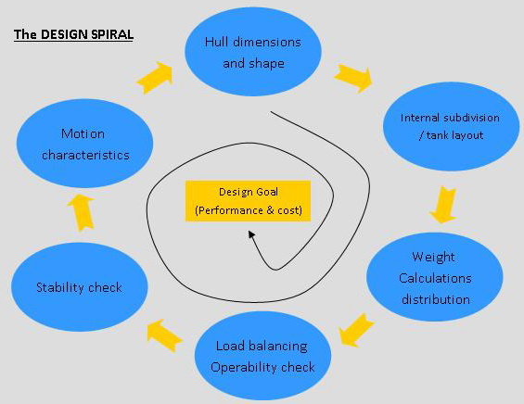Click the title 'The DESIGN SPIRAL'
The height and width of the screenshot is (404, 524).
tap(73, 34)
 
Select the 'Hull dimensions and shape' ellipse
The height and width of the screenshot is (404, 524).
tap(253, 52)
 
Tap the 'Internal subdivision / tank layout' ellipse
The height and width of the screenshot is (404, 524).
tap(451, 127)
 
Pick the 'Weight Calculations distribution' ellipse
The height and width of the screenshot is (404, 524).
tap(434, 277)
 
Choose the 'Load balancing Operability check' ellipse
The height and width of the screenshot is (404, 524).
tap(262, 356)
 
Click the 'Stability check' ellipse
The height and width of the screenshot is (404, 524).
tap(79, 287)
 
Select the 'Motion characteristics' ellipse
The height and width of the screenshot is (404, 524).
tap(85, 144)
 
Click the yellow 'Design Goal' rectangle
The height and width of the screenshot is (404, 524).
tap(248, 201)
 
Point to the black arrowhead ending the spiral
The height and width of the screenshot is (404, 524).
tap(251, 234)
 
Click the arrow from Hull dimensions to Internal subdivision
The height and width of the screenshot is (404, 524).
tap(353, 78)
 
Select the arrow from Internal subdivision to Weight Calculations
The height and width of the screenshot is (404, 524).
tap(443, 205)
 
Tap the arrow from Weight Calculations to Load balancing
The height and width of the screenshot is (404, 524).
tap(356, 330)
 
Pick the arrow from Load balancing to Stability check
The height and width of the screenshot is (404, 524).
tap(164, 335)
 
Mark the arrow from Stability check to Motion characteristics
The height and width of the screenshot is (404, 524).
tap(81, 213)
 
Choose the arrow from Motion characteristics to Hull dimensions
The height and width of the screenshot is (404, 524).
tap(155, 78)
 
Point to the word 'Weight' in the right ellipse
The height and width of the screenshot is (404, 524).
tap(433, 257)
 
